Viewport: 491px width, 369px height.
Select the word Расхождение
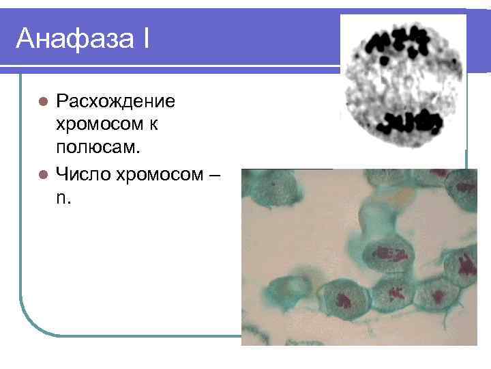[115, 102]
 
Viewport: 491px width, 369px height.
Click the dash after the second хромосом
[214, 175]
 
